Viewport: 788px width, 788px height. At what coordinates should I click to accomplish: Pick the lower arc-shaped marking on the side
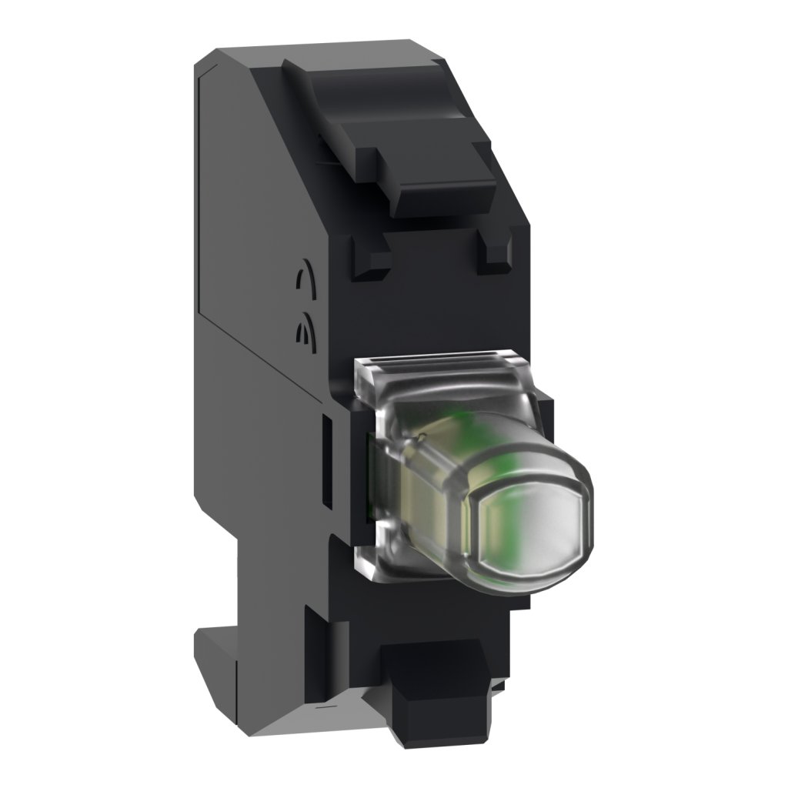click(302, 331)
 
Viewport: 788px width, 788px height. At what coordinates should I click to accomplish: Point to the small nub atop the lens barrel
click(422, 437)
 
